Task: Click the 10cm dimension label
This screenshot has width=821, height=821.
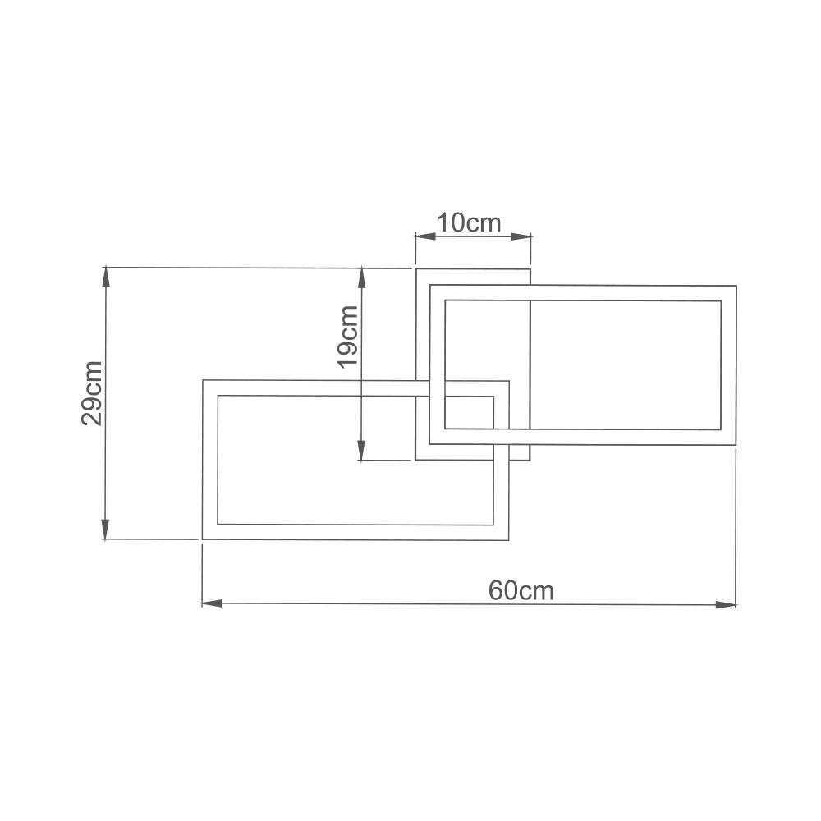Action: [x=468, y=222]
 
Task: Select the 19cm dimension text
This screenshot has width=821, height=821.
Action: [x=348, y=337]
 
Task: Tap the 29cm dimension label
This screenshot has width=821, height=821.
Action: [x=91, y=392]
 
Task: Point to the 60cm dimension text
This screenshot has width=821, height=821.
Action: [x=521, y=590]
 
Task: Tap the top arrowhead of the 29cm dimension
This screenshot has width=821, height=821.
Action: [x=105, y=277]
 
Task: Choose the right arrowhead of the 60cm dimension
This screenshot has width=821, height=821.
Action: [x=726, y=604]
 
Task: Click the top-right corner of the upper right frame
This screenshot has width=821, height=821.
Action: [x=736, y=286]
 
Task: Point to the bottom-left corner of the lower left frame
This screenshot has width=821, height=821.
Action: [x=203, y=539]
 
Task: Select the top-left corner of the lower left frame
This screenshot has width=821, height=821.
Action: [x=203, y=380]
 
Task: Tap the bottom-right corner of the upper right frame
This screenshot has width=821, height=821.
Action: [x=736, y=445]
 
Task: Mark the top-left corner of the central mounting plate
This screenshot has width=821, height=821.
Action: [x=415, y=269]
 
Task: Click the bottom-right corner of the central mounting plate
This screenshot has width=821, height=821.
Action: [x=530, y=460]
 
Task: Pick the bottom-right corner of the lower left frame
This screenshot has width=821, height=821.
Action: [x=508, y=539]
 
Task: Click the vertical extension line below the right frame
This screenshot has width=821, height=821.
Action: [x=736, y=525]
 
